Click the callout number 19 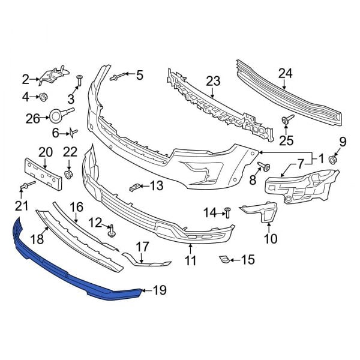pyautogui.click(x=159, y=292)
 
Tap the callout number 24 pyautogui.click(x=286, y=74)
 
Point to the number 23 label pyautogui.click(x=214, y=81)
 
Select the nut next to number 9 pyautogui.click(x=334, y=159)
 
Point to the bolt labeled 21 pyautogui.click(x=26, y=187)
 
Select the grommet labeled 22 pyautogui.click(x=68, y=174)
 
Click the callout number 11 pyautogui.click(x=190, y=261)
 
